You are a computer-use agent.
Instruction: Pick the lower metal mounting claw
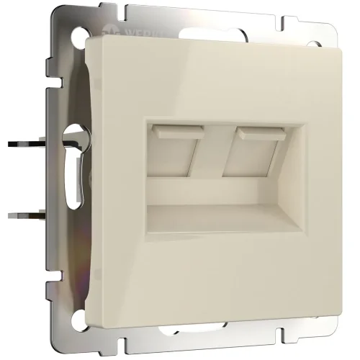coord(28,215)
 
